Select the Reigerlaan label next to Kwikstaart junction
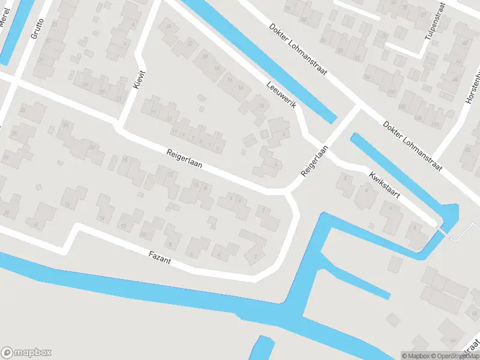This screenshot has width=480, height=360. (315, 161)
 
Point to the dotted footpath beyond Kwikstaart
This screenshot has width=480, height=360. (459, 234)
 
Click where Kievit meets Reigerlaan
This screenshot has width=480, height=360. (120, 128)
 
